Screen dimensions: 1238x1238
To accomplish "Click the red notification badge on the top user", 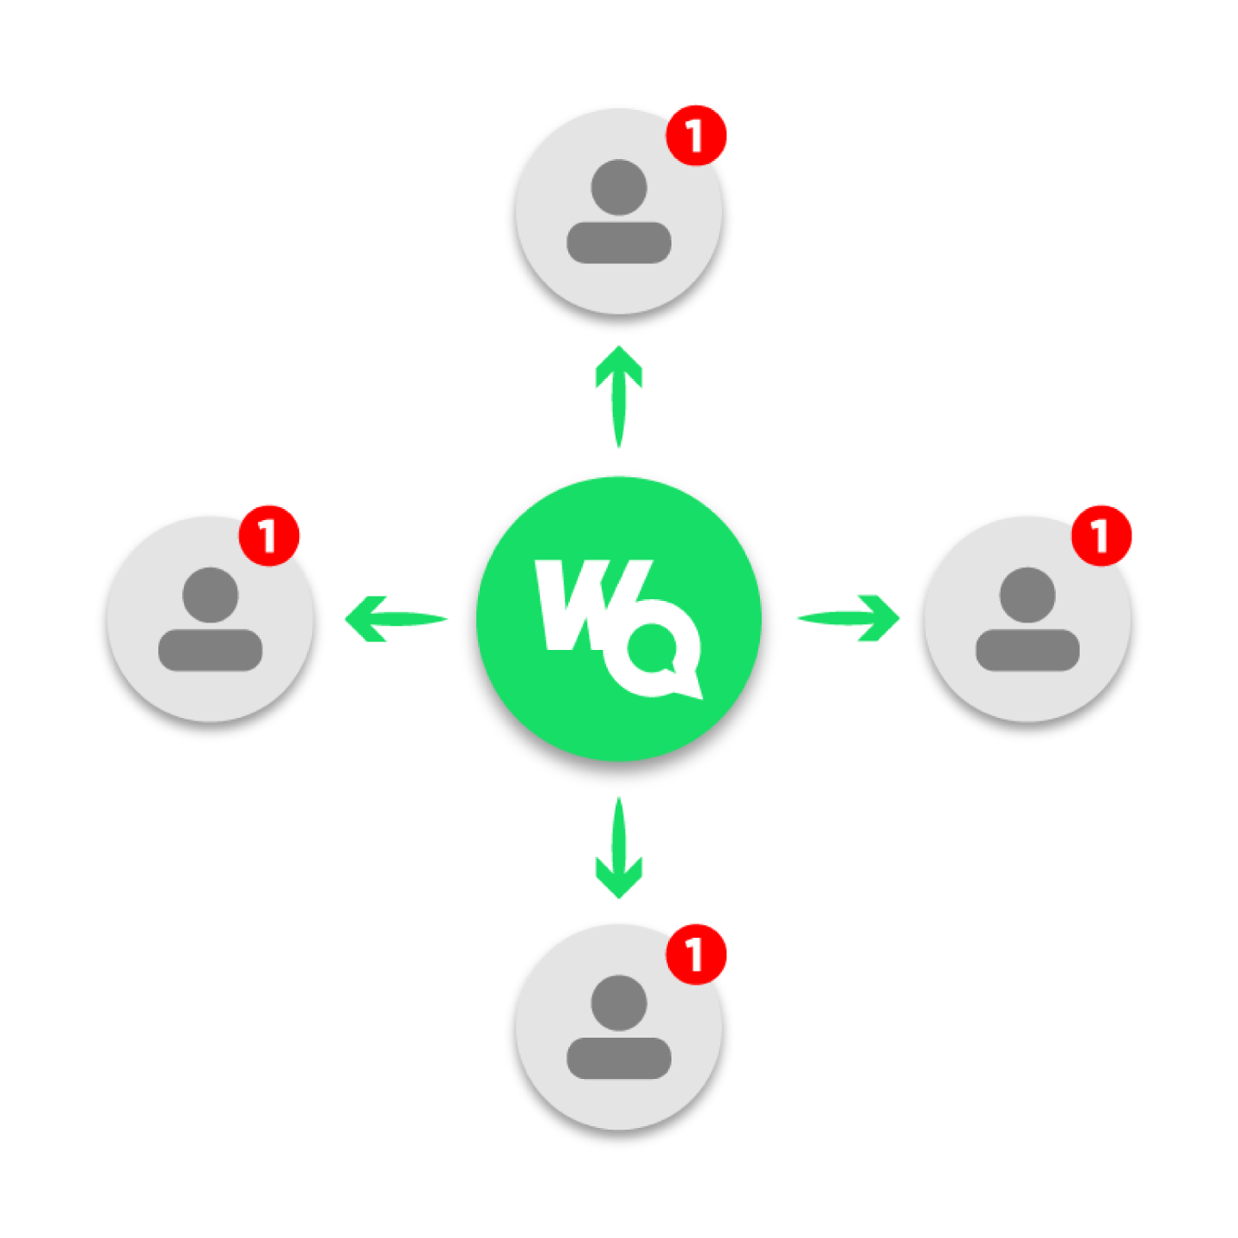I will tap(696, 135).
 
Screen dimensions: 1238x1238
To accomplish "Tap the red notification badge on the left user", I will tap(269, 535).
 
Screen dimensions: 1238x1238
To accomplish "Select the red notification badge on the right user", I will tap(1101, 535).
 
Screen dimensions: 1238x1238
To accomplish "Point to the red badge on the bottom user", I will tap(696, 953).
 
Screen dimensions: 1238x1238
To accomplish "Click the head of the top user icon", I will tap(619, 187).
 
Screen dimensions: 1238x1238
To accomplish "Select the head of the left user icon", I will tap(211, 594).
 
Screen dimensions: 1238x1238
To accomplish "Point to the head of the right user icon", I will tap(1027, 594).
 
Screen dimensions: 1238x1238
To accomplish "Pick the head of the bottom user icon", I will tap(619, 1002).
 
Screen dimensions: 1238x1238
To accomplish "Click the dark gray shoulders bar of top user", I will tap(619, 242).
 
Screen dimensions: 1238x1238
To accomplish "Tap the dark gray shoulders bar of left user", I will tap(211, 650).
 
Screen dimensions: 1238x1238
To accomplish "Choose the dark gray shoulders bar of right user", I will tap(1027, 650).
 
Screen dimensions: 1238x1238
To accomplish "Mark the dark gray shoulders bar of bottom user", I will tap(619, 1058).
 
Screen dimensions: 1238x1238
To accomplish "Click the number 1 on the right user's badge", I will tap(1100, 536).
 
